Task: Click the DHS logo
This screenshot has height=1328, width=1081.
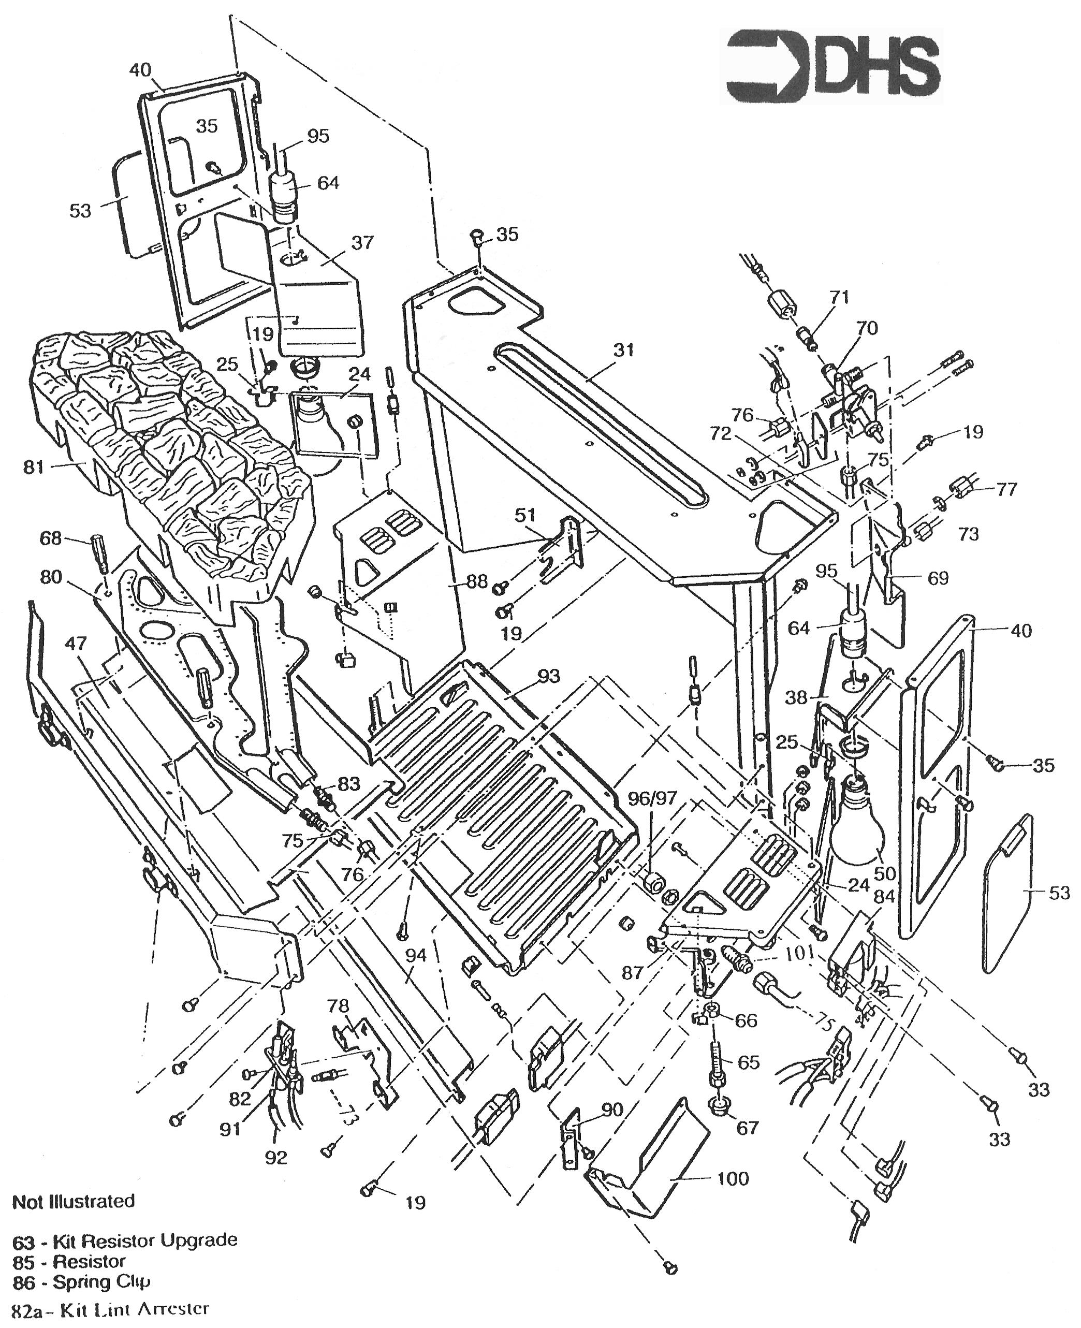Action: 833,66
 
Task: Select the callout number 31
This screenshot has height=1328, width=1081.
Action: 623,350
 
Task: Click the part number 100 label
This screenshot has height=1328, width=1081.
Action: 733,1178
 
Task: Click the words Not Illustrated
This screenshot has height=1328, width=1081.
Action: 74,1201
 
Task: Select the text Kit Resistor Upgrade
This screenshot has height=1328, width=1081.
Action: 144,1240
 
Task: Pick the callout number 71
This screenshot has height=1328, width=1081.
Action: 839,297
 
